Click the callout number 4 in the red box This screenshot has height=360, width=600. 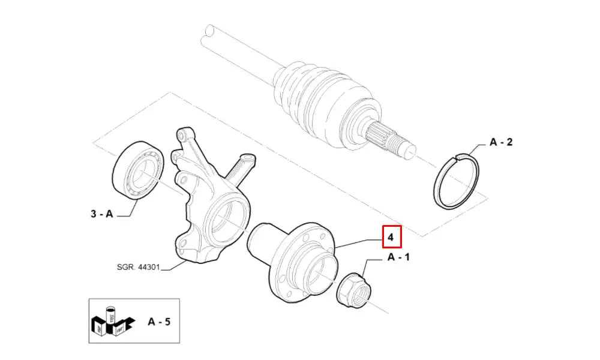pos(391,238)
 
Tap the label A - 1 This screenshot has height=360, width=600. pos(398,257)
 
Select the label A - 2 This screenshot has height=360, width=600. pos(501,142)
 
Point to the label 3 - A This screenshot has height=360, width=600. pos(102,214)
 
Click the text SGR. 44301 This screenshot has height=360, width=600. pos(138,267)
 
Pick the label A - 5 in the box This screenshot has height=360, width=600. pos(159,322)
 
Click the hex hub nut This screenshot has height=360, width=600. pos(354,291)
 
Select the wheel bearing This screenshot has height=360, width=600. pos(138,170)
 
